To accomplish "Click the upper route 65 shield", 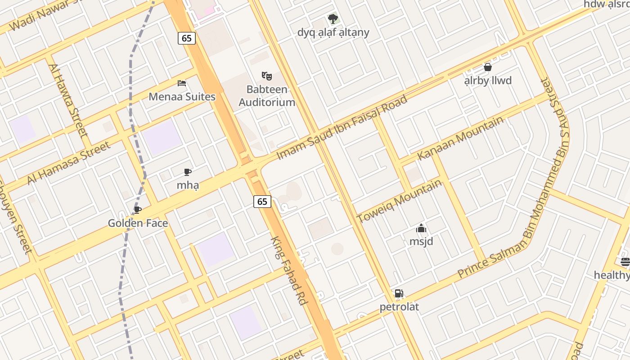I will click(187, 38).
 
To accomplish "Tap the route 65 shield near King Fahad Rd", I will click(262, 202).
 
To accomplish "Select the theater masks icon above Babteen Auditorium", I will click(267, 76).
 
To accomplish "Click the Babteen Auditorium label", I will click(267, 96).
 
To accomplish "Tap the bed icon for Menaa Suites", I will click(182, 83).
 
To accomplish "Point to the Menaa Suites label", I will click(182, 97).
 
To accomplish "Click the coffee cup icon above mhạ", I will click(188, 172).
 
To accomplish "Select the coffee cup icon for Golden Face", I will click(138, 210).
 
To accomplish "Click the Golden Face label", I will click(138, 223).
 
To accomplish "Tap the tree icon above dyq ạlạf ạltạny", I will click(333, 19).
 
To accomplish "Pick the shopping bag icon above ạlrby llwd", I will click(487, 67).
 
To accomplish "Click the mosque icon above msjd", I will click(421, 228).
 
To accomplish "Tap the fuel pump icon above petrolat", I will click(399, 293).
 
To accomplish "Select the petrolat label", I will click(399, 307).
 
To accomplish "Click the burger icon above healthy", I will click(625, 262).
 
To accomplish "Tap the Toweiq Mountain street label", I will click(399, 201).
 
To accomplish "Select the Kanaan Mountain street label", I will click(460, 138).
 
